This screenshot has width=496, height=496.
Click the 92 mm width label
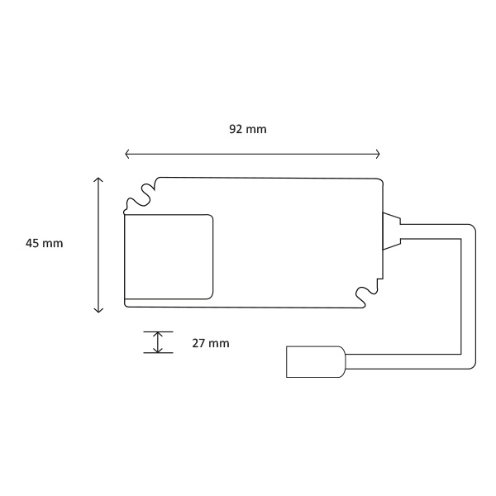click(248, 129)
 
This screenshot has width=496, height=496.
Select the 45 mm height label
click(44, 243)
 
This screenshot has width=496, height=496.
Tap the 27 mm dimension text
click(210, 343)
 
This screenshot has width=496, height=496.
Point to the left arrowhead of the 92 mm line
click(126, 154)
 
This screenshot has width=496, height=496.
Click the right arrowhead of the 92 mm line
click(378, 154)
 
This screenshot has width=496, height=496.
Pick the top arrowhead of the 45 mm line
click(98, 179)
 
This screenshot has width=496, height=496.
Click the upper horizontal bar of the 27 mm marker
click(158, 331)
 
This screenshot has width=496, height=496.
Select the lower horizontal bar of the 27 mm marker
click(158, 353)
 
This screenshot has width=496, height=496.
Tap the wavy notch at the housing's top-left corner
click(139, 195)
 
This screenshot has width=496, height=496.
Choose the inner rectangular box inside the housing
click(169, 256)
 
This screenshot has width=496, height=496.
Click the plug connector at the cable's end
click(313, 362)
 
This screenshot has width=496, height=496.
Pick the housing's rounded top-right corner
click(379, 181)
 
